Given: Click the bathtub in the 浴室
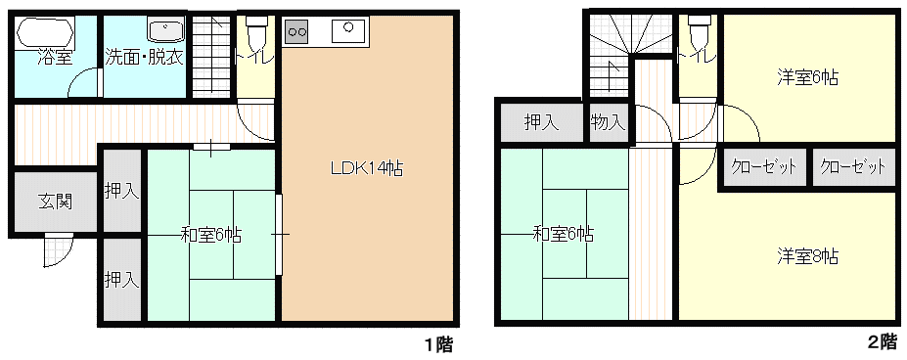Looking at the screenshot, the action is point(45,34).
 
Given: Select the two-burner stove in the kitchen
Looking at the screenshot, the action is point(296,31).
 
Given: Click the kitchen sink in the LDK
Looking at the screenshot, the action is point(348,30).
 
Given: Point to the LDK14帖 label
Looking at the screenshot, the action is point(367,168).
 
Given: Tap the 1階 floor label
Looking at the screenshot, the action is point(438,345).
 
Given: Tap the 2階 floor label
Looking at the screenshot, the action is point(883,340).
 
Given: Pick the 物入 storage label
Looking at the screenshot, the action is point(609,122).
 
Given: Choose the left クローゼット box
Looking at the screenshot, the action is point(763,167).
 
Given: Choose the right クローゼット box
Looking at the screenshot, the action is point(852,167).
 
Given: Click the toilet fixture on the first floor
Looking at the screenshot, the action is point(254,33).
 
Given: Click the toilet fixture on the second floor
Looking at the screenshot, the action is point(699,33).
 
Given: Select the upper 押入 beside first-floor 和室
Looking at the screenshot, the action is point(122,191).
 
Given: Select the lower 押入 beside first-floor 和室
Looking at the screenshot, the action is point(122,280).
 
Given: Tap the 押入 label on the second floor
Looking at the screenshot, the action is point(541,122).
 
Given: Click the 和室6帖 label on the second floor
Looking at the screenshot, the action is point(563,234).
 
